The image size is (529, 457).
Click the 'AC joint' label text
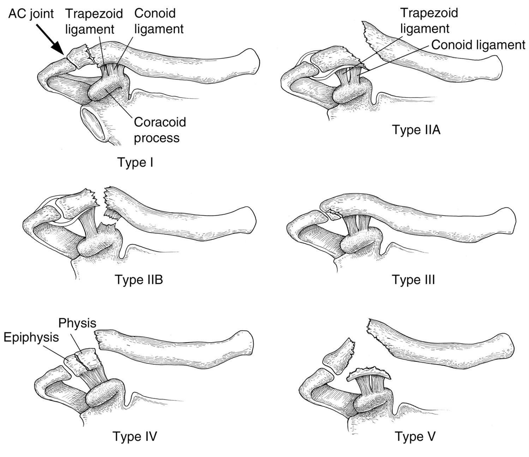click(31, 14)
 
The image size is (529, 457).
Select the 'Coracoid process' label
click(160, 129)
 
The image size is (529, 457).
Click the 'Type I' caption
click(136, 163)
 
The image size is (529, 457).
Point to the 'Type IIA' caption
click(416, 130)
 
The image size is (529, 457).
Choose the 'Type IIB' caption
click(139, 280)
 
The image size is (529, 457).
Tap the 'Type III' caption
click(414, 280)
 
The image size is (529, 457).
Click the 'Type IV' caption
click(134, 436)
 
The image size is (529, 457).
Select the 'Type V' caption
click(415, 436)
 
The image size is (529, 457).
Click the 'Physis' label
click(77, 323)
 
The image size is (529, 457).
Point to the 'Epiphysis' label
click(31, 337)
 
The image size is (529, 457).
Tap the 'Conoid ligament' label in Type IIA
click(478, 45)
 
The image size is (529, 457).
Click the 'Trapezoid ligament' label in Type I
click(94, 21)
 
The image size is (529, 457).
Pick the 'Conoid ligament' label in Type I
click(159, 21)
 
